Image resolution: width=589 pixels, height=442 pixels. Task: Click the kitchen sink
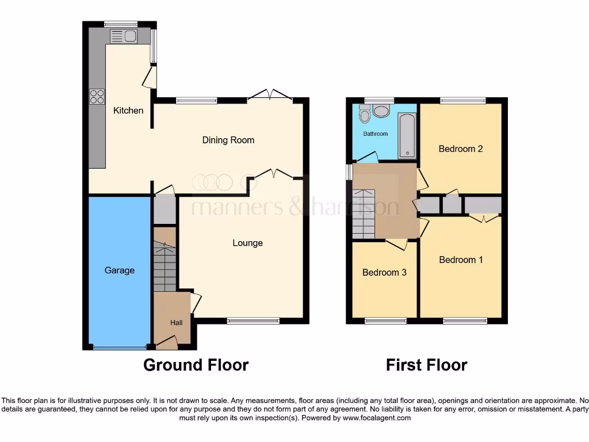point(123,37)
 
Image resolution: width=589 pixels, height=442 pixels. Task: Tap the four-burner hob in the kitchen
point(97,97)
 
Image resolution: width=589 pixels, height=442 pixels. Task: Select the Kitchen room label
point(128,110)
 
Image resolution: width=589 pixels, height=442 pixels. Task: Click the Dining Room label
point(228,140)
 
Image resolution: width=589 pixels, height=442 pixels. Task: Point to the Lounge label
point(247,243)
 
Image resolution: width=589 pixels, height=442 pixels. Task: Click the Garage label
point(120,270)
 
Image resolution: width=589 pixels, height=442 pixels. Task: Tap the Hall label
point(176,323)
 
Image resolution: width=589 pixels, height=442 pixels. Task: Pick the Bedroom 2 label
point(460,148)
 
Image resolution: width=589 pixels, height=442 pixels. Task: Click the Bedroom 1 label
point(461,260)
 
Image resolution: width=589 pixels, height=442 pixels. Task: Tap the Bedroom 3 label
point(384,272)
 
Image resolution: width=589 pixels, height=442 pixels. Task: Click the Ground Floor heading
point(196,365)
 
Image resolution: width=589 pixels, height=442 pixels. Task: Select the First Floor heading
point(426,365)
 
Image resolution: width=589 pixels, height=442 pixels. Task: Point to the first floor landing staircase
point(364,214)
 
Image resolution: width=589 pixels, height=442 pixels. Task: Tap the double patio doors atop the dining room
point(270,95)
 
